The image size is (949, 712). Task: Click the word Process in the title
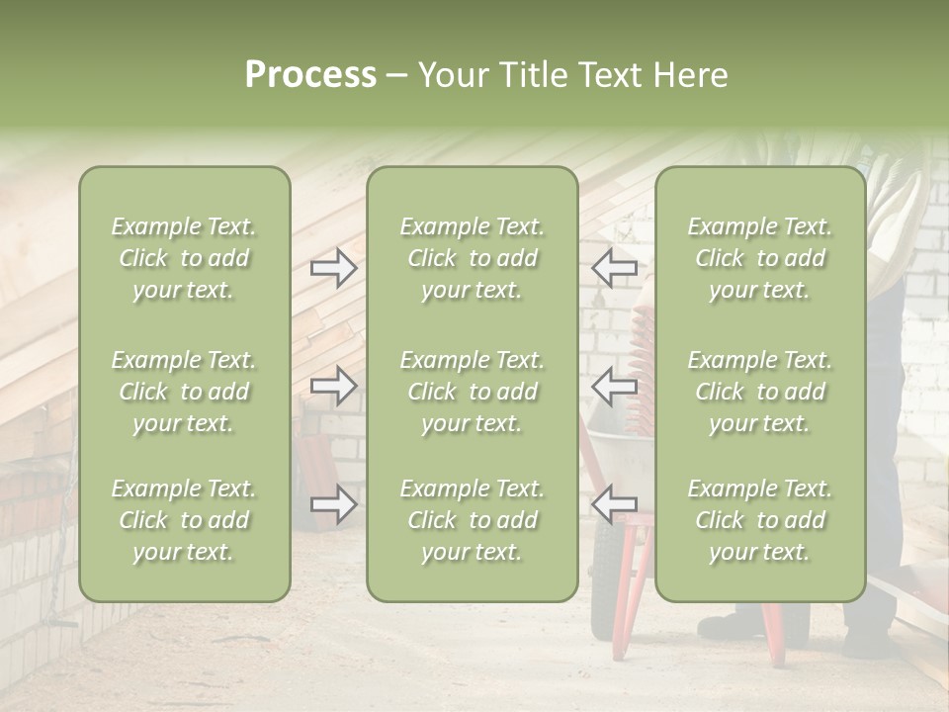310,75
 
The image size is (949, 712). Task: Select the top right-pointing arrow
333,267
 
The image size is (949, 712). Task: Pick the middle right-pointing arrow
333,386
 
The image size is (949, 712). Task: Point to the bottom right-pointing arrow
333,505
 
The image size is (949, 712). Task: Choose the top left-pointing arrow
614,267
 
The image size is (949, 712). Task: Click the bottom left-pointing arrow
614,503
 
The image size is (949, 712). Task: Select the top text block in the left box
184,258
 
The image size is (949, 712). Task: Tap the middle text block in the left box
184,392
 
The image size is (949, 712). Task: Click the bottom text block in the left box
184,520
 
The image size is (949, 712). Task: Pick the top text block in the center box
472,258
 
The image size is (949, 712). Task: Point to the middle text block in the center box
472,392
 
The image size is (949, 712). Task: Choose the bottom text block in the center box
472,520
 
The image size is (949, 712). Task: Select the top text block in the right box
759,258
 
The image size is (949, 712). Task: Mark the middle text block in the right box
759,392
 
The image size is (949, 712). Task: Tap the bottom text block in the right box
759,520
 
